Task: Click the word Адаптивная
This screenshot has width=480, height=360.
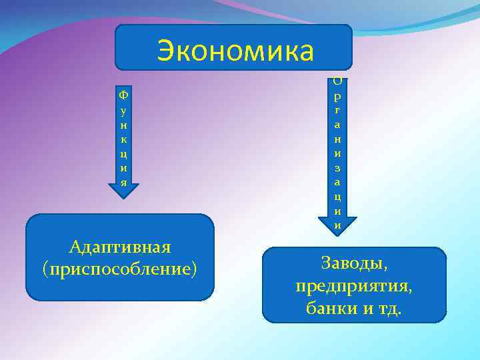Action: point(120,247)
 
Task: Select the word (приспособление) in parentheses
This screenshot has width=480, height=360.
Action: point(120,269)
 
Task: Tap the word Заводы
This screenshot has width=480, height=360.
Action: point(354,263)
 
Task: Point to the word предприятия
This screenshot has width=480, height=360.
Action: point(354,286)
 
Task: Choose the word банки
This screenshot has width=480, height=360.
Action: point(331,309)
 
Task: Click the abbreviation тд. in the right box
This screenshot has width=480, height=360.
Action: point(389,309)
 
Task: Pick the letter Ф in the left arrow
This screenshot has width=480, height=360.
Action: point(121,96)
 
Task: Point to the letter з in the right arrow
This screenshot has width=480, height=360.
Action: point(338,169)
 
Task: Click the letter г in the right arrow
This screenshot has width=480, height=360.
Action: point(338,111)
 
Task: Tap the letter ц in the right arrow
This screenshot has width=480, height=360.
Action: point(338,197)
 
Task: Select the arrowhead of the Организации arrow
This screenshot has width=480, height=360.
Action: point(338,226)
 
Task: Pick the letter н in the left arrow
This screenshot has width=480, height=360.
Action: point(121,125)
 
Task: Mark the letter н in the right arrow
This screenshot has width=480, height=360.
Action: point(338,139)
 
